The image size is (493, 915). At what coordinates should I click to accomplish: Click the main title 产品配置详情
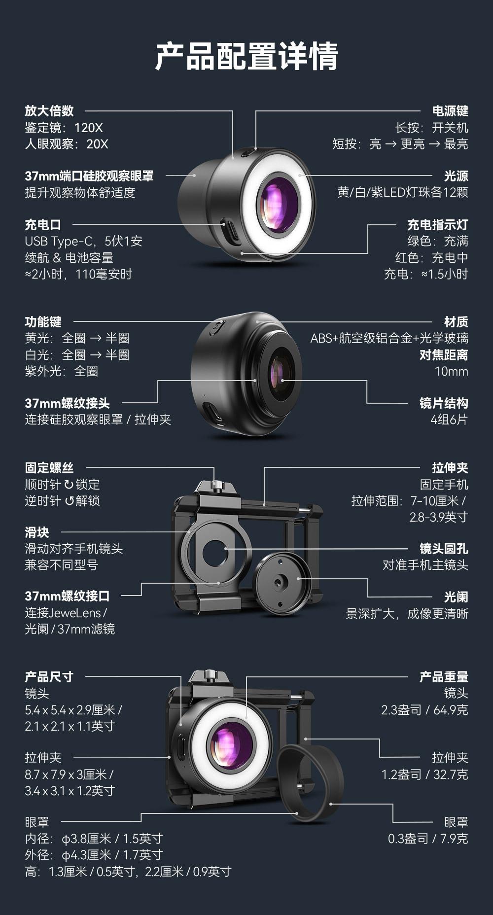click(x=246, y=56)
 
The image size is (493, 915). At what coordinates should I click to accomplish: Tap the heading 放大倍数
click(x=49, y=111)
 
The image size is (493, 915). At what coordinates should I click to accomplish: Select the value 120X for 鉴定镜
click(x=88, y=128)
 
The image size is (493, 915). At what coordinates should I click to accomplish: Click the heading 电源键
click(x=450, y=111)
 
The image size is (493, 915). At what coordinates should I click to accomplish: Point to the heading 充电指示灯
click(x=437, y=225)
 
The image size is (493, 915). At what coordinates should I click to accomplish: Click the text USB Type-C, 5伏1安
click(x=83, y=241)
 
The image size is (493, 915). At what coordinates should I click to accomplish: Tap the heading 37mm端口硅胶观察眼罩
click(x=89, y=176)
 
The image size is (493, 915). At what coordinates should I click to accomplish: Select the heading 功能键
click(x=43, y=322)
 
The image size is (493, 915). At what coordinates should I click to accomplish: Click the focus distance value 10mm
click(x=451, y=371)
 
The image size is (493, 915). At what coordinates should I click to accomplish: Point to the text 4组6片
click(x=449, y=420)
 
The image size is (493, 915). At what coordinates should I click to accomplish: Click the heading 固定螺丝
click(x=49, y=468)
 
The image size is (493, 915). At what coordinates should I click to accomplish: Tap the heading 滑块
click(x=37, y=532)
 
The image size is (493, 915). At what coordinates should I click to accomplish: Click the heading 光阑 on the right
click(x=456, y=597)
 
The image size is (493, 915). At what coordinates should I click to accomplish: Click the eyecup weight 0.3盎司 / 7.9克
click(x=427, y=839)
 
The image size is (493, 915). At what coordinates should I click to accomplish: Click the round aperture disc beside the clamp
click(x=282, y=584)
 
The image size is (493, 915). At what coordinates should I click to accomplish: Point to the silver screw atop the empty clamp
click(x=215, y=485)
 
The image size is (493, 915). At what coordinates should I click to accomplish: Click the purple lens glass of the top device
click(x=278, y=205)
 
